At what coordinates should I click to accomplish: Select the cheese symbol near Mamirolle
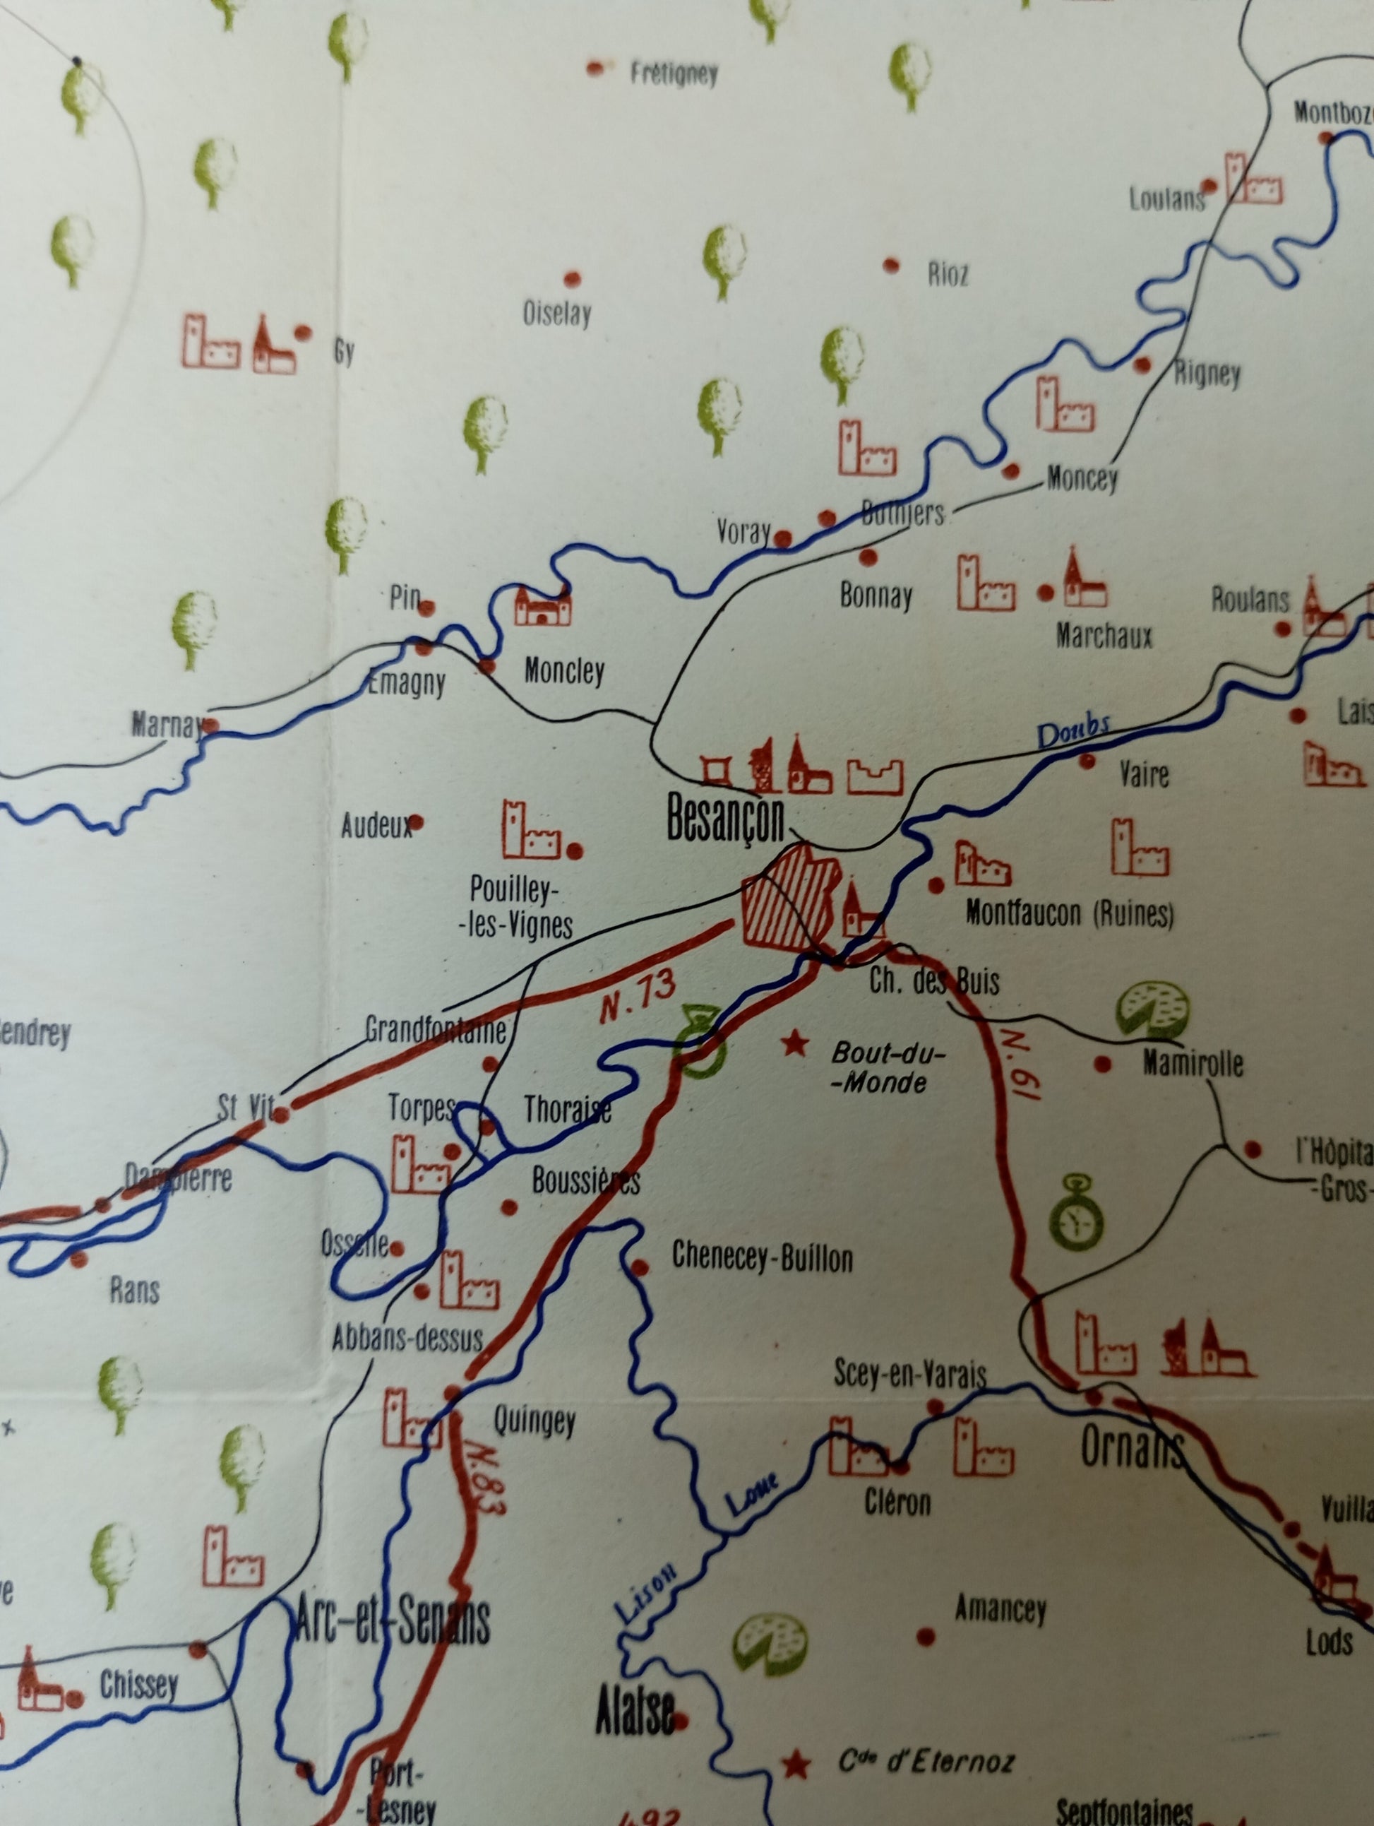(x=1153, y=1009)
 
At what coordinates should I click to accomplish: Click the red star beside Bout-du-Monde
(x=795, y=1043)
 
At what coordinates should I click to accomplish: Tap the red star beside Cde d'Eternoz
(x=796, y=1765)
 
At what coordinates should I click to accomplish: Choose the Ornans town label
(x=1133, y=1449)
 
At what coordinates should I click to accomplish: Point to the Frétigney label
(x=674, y=74)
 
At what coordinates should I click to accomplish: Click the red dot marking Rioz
(x=891, y=266)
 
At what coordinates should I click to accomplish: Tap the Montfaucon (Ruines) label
(x=1070, y=913)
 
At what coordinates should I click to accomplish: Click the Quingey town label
(x=534, y=1421)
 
